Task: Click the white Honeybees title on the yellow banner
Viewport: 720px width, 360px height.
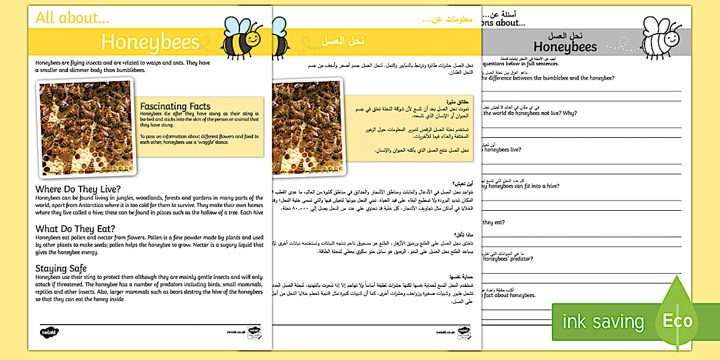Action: (x=150, y=42)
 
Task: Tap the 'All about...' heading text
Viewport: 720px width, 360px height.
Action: (x=72, y=17)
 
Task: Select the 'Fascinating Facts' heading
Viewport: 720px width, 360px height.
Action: (x=175, y=106)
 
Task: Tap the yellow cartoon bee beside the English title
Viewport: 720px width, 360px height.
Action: (x=241, y=37)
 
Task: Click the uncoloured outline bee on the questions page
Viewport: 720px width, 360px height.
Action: (x=660, y=37)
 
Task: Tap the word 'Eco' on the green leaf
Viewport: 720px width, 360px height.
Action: (x=677, y=320)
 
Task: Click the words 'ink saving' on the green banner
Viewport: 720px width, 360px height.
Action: (x=603, y=322)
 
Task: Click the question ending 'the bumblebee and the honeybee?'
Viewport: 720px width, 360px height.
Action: (x=548, y=78)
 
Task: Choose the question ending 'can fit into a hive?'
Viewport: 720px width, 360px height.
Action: (x=520, y=186)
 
